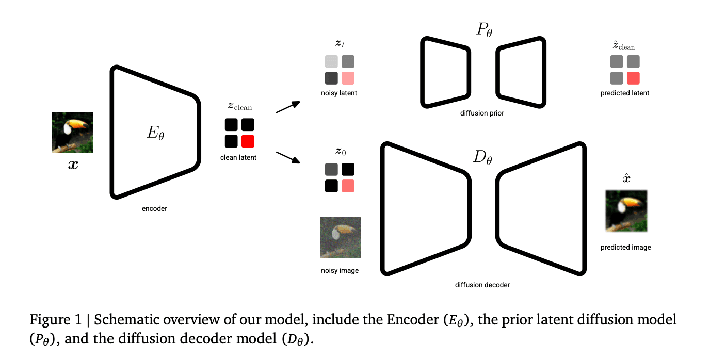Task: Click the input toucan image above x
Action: (72, 133)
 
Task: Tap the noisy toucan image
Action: (340, 238)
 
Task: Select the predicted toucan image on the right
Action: (626, 211)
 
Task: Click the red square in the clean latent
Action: (248, 141)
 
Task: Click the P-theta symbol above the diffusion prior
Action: (483, 30)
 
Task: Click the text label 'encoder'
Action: (155, 209)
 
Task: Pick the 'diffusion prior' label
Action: (482, 113)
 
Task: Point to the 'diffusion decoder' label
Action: (482, 285)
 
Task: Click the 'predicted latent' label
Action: (625, 93)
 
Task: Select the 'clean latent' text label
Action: (238, 157)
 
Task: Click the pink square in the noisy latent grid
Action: (348, 78)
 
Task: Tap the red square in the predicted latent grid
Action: (633, 78)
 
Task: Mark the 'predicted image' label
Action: (625, 247)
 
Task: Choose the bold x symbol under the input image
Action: (73, 166)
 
